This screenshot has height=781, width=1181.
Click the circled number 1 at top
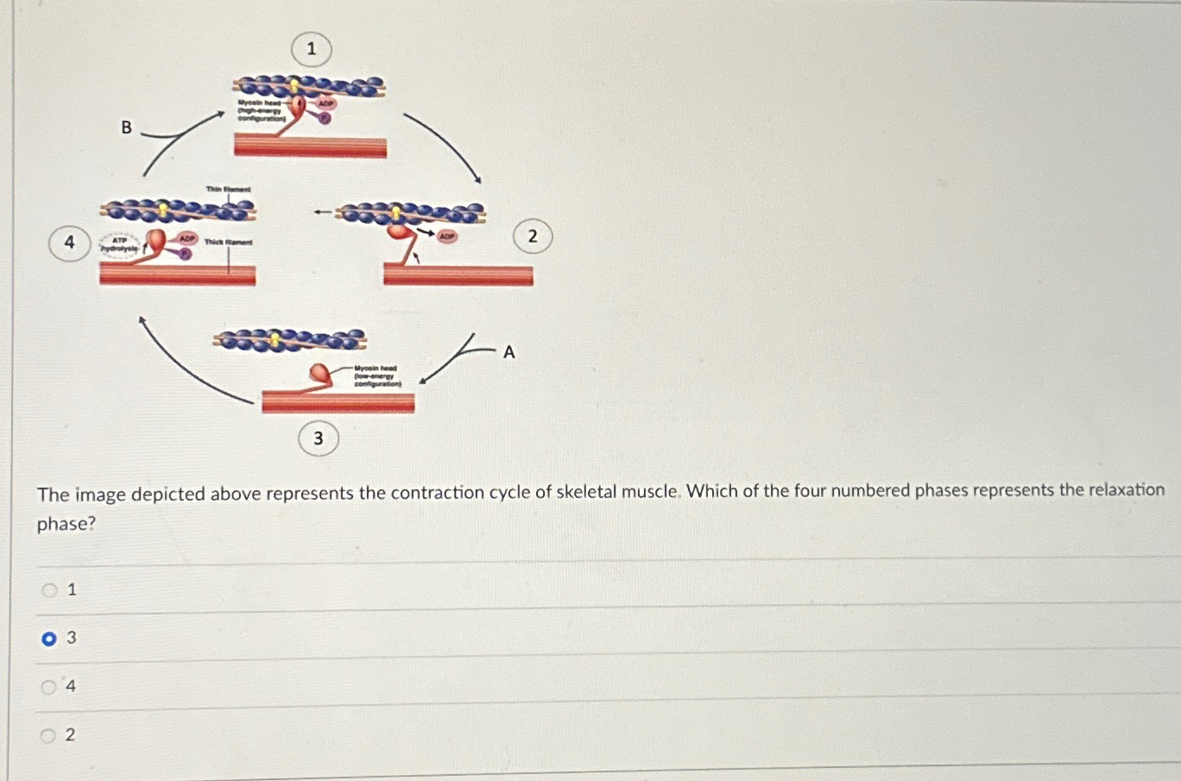(312, 49)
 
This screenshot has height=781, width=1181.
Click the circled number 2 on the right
(533, 236)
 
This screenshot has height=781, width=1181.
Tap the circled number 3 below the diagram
(318, 438)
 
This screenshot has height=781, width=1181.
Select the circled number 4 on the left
(70, 242)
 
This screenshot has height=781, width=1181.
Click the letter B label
(126, 128)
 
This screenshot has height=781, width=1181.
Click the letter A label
(508, 352)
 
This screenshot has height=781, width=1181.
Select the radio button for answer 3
(49, 639)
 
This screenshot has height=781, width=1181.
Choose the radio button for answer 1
(49, 590)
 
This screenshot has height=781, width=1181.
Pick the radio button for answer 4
(49, 687)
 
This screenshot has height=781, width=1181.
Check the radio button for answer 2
(49, 735)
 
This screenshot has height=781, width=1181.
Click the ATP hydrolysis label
(119, 245)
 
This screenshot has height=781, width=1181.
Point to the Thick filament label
(229, 242)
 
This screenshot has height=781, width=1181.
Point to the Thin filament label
(228, 189)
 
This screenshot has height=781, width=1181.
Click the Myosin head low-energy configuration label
(376, 375)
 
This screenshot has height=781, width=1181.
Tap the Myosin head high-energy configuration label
(260, 110)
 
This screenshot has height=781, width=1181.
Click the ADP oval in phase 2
(446, 236)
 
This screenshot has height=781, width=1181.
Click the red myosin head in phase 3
(321, 373)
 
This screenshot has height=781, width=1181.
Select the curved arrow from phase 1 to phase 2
(444, 145)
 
